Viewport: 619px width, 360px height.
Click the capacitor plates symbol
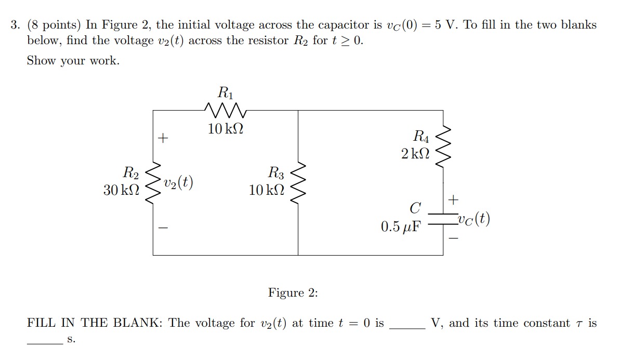[443, 219]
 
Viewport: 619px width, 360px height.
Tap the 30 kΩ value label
[121, 190]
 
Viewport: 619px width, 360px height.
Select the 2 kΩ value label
[416, 153]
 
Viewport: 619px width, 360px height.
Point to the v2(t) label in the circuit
[178, 182]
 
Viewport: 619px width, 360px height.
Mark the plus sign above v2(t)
[163, 138]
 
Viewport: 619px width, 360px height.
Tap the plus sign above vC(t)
[454, 199]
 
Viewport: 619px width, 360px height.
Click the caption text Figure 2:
[293, 292]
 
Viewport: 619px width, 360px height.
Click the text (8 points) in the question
[55, 25]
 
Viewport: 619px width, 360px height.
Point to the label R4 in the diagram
[421, 137]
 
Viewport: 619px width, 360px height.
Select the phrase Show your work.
[73, 61]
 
